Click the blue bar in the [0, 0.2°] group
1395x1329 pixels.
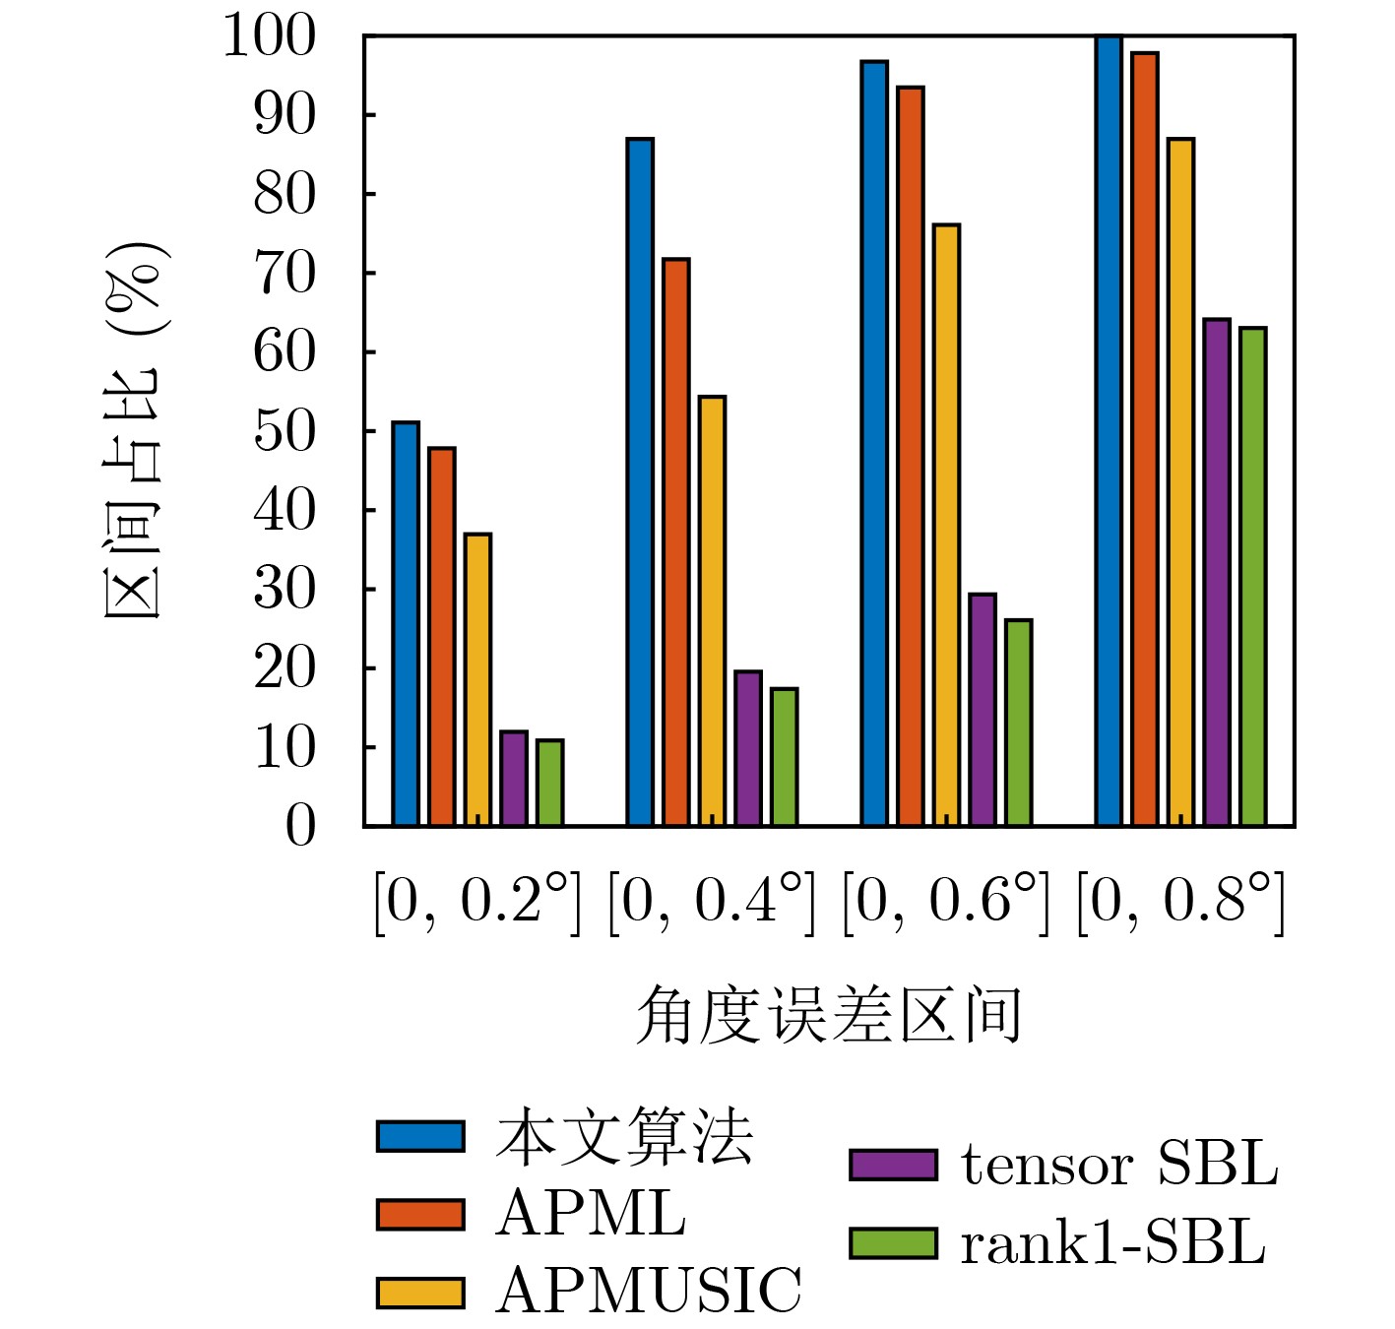pos(406,624)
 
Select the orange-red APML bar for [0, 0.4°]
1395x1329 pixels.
pos(676,542)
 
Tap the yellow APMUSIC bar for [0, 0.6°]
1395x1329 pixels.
pos(946,526)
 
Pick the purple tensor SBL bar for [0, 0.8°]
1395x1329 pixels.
pos(1217,573)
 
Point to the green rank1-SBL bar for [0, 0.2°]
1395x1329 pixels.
pos(550,783)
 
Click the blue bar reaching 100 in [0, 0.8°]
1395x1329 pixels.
pos(1109,431)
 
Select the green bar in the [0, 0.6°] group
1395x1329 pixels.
pos(1019,723)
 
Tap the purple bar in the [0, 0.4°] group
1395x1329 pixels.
pos(748,748)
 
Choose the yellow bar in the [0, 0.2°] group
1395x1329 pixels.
pos(477,679)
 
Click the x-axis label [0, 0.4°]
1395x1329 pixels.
pos(712,900)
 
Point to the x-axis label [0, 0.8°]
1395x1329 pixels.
pos(1180,900)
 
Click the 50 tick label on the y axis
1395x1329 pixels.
pos(285,431)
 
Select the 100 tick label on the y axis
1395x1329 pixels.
pos(270,36)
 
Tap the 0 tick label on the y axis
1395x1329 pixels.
pos(300,826)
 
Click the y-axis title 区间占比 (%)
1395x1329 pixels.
pos(134,431)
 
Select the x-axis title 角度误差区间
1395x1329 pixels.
pos(829,1014)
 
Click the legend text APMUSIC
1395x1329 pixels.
pos(649,1291)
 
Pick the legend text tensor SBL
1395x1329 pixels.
pos(1119,1165)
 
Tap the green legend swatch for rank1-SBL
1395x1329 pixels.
pos(893,1243)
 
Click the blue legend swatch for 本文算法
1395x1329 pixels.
pos(420,1136)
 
